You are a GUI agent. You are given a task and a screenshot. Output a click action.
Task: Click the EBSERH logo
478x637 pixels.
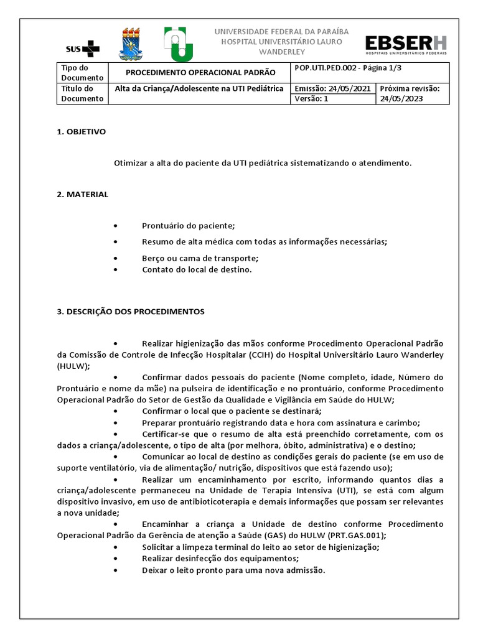click(405, 45)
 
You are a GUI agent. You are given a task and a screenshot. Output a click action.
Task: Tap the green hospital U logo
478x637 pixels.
click(178, 44)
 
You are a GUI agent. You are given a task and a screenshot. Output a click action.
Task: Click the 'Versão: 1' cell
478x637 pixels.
click(311, 98)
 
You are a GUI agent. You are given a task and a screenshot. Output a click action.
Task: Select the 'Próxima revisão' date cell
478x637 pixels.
click(410, 93)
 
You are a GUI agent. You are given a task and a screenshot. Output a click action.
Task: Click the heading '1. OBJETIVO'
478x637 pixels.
click(81, 132)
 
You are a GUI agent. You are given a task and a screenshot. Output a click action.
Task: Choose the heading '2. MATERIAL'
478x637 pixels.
click(82, 194)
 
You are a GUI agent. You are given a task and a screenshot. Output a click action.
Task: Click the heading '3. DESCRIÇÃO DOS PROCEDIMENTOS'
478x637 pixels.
click(131, 311)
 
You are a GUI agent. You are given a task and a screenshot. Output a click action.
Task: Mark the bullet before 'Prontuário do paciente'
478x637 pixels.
click(116, 226)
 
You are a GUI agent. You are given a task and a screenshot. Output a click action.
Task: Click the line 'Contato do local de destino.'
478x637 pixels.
click(197, 269)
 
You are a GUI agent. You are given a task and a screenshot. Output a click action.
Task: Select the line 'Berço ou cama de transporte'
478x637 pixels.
click(200, 258)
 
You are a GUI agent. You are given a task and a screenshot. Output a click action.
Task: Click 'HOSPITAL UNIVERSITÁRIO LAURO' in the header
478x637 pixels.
click(282, 41)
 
